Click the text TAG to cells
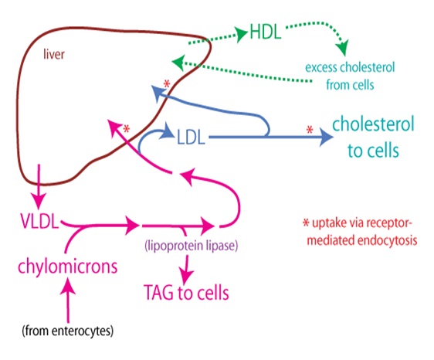[186, 294]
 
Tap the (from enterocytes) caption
[68, 332]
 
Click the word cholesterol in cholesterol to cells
[373, 124]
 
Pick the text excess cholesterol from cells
[350, 76]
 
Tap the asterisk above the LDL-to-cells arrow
[310, 130]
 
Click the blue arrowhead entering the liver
[158, 93]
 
